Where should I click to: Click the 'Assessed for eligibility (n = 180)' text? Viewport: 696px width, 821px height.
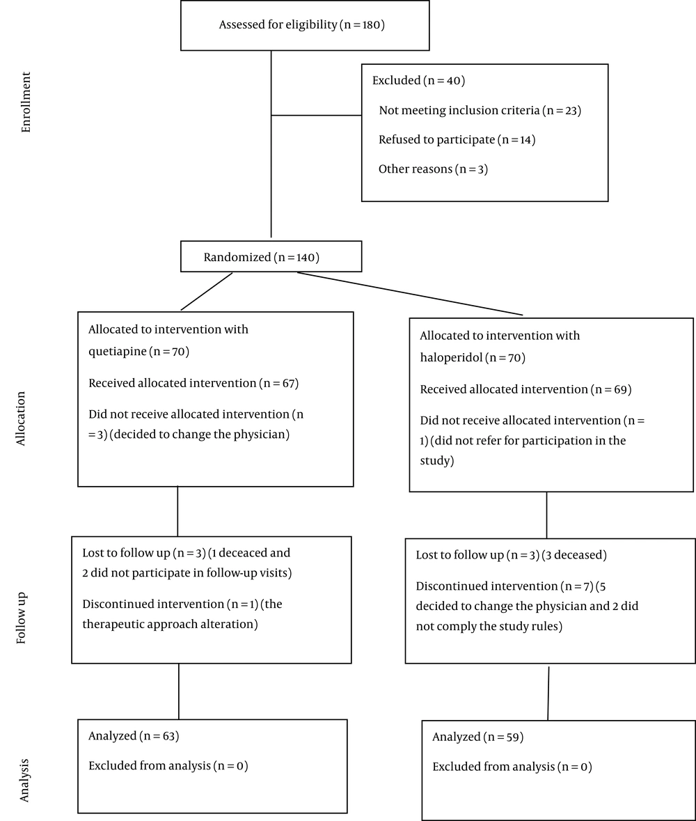pyautogui.click(x=302, y=24)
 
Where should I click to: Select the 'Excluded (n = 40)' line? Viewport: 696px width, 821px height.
pyautogui.click(x=419, y=80)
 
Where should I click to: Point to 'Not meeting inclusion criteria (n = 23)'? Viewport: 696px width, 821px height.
pyautogui.click(x=480, y=110)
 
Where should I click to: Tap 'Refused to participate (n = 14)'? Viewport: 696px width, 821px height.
pyautogui.click(x=457, y=139)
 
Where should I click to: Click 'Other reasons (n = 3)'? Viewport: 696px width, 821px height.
pyautogui.click(x=434, y=169)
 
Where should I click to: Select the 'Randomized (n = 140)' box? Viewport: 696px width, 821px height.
pyautogui.click(x=271, y=256)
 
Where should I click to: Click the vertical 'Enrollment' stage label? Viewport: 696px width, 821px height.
pyautogui.click(x=26, y=102)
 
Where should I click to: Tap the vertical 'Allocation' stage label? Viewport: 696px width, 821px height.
pyautogui.click(x=20, y=419)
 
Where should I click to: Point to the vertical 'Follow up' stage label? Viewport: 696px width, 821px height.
pyautogui.click(x=22, y=618)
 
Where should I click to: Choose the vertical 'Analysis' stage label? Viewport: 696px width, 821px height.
pyautogui.click(x=24, y=780)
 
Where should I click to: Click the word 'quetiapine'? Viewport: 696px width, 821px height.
pyautogui.click(x=117, y=352)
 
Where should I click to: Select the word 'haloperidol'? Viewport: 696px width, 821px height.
pyautogui.click(x=451, y=358)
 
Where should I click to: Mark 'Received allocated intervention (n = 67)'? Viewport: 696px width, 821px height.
pyautogui.click(x=193, y=383)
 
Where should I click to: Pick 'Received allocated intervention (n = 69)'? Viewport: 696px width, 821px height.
pyautogui.click(x=526, y=389)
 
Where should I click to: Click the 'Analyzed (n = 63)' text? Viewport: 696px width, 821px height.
pyautogui.click(x=134, y=735)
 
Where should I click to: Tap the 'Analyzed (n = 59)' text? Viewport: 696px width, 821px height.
pyautogui.click(x=477, y=737)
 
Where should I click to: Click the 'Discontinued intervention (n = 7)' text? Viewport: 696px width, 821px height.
pyautogui.click(x=505, y=586)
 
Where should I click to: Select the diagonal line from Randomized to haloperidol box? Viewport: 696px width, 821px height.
pyautogui.click(x=410, y=294)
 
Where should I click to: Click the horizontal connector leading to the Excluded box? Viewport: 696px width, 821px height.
pyautogui.click(x=316, y=115)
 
